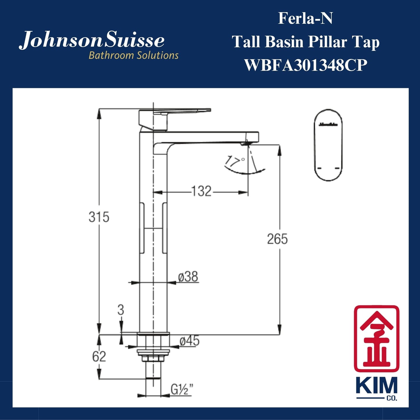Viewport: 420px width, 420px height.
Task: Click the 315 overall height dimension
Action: [x=99, y=217]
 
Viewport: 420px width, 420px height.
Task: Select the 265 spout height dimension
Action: [x=277, y=239]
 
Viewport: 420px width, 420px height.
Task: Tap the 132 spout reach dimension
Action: [x=201, y=192]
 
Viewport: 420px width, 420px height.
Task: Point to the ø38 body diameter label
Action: [x=188, y=277]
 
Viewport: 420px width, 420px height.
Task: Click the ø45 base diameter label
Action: [x=190, y=341]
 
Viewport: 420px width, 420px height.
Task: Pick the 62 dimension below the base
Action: [x=99, y=356]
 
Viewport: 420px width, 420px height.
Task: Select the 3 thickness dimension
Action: [x=121, y=310]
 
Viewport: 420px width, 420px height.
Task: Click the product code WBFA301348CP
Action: [x=305, y=65]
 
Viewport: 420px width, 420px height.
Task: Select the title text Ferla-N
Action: [x=305, y=18]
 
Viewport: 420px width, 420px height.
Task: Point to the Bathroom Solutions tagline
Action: [x=133, y=55]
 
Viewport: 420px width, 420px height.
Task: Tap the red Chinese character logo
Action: [x=376, y=339]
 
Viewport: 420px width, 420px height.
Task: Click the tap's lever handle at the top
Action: [x=174, y=112]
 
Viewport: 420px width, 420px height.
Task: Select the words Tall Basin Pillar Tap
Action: [x=305, y=42]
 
